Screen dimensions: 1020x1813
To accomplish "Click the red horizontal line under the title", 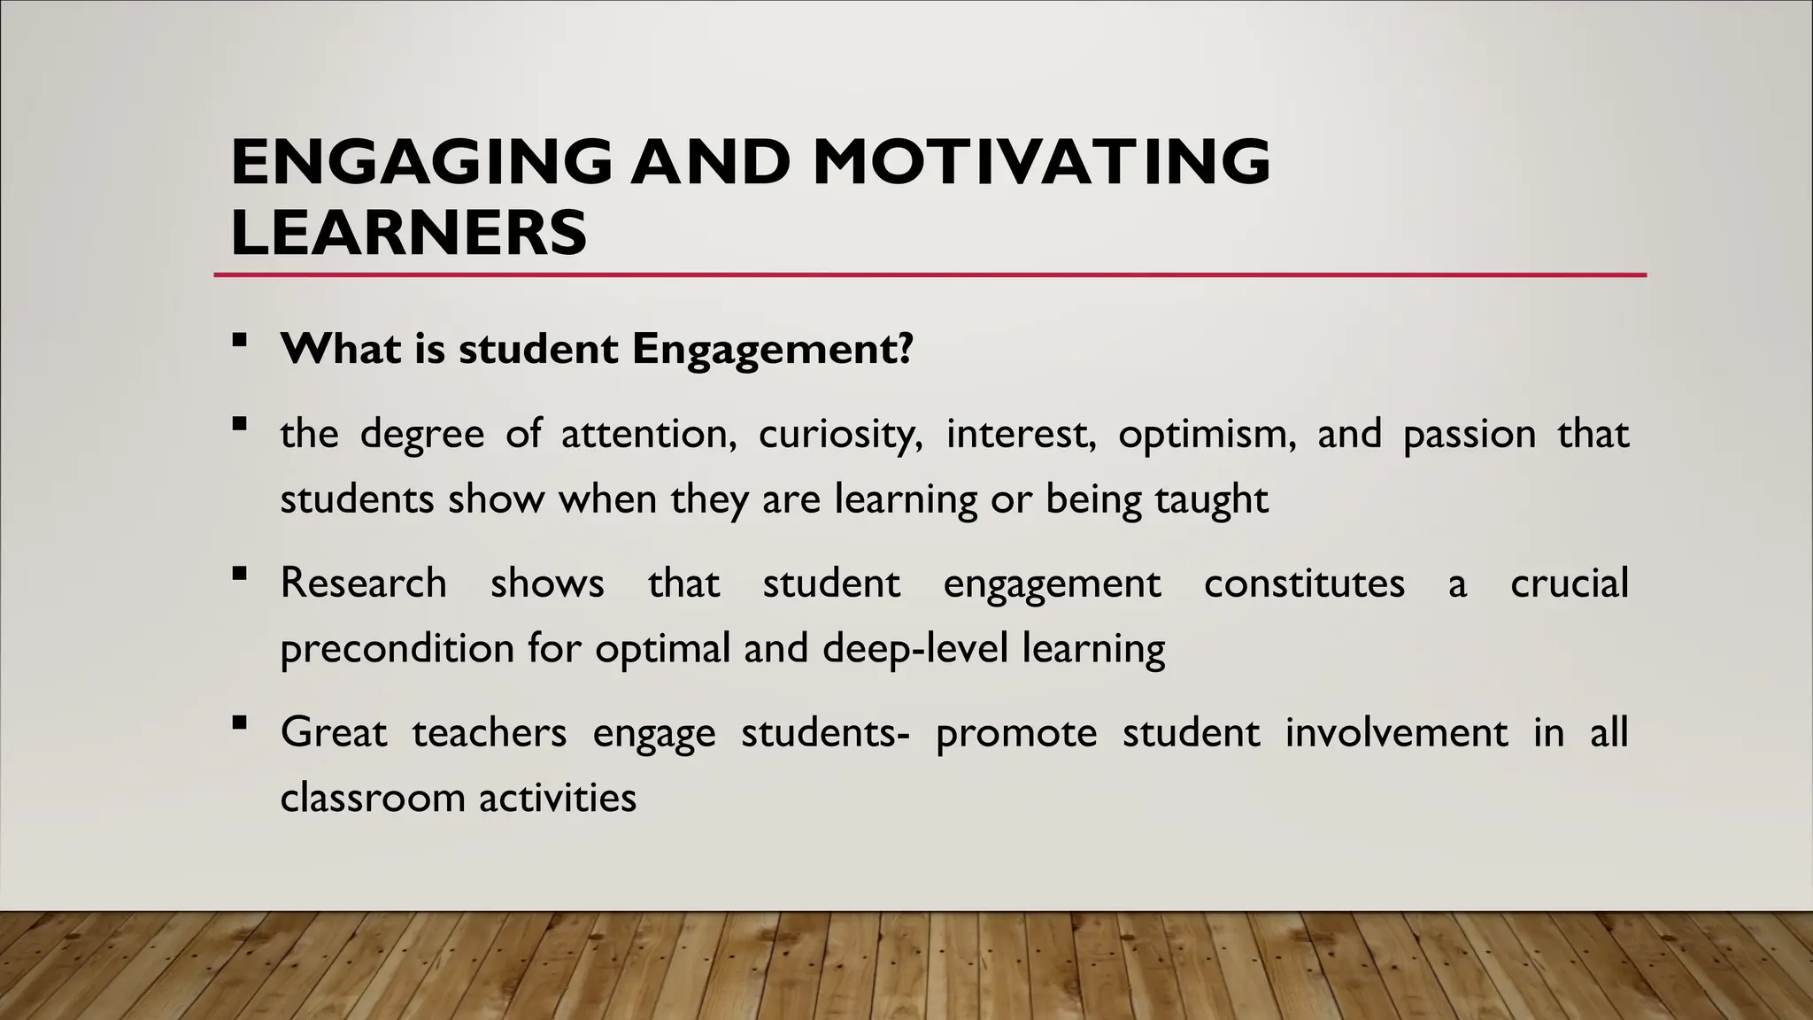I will pos(930,275).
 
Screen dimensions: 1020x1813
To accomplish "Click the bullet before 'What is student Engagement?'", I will pos(238,339).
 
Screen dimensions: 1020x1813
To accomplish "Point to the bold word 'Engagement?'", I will pos(772,350).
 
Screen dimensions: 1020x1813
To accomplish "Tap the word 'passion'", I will pos(1470,435).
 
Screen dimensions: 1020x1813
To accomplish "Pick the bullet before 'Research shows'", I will pos(238,574).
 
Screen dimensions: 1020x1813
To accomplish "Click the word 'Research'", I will pos(363,583).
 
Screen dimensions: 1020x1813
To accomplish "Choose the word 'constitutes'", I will pos(1304,583).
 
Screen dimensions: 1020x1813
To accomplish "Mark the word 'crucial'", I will pos(1569,583).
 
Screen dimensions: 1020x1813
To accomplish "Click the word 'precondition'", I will pos(397,649).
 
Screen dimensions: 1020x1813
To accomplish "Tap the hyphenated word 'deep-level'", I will pos(915,649).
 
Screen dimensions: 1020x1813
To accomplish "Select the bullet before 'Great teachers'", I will pos(238,722).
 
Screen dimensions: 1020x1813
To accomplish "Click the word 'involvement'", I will pos(1396,733).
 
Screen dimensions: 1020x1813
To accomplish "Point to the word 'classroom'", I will pos(373,798).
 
